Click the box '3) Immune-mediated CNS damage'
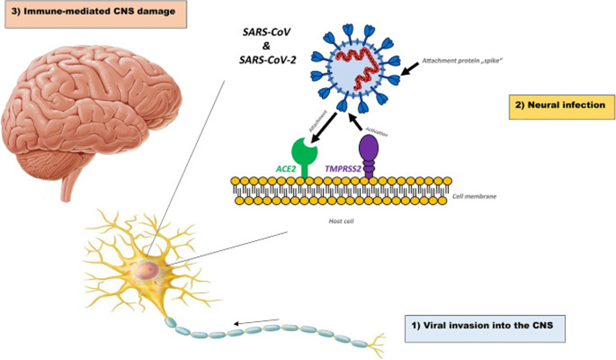[99, 15]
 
